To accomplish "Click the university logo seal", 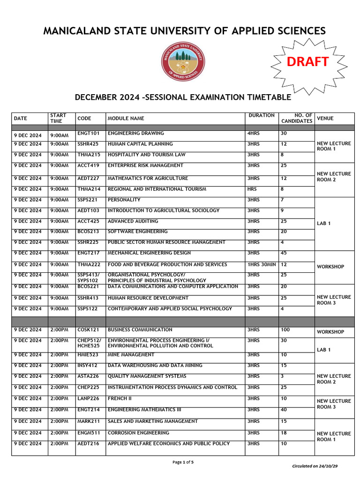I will tap(183, 61).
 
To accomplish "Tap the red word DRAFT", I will tap(307, 61).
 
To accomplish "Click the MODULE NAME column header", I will tap(126, 119).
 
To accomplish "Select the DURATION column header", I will tap(262, 115).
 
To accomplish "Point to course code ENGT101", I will tap(88, 134).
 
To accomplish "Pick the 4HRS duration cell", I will tap(254, 134).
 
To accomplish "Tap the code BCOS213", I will tap(88, 232).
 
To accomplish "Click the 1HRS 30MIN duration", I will tap(262, 265).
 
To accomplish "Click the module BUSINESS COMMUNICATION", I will tap(140, 330).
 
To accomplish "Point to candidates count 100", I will tap(285, 330).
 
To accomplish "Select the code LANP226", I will tap(88, 399).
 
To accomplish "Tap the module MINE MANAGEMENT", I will tap(131, 355).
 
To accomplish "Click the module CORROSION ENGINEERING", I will tap(138, 433).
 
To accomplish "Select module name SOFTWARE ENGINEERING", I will tap(137, 232).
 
